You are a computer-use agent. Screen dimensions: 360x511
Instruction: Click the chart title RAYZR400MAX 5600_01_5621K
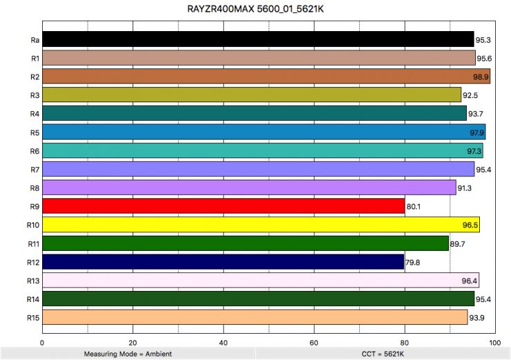(x=255, y=9)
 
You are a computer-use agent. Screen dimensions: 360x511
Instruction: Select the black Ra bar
(x=258, y=39)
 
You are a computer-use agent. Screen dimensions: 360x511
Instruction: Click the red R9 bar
(x=224, y=206)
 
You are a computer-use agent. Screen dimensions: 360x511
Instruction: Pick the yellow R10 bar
(x=261, y=225)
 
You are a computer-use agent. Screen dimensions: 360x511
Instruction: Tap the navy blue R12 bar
(x=223, y=262)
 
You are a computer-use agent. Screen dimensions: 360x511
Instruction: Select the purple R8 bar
(x=249, y=188)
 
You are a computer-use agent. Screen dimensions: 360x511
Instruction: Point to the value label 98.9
(x=481, y=77)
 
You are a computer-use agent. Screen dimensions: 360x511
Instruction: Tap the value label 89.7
(x=459, y=244)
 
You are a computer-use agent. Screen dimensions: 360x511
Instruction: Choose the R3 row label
(x=34, y=95)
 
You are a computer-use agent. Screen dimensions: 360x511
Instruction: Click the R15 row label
(x=32, y=318)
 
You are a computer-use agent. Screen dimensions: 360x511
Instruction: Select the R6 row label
(x=34, y=151)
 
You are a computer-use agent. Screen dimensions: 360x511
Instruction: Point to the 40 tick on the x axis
(x=223, y=341)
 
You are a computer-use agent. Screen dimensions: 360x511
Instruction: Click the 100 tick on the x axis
(x=494, y=341)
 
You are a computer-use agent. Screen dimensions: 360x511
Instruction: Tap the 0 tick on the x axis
(x=43, y=341)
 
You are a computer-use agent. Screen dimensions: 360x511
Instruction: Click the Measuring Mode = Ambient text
(x=128, y=353)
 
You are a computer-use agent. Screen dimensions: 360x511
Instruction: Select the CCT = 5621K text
(x=382, y=353)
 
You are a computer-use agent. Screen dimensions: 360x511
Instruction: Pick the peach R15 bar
(x=255, y=317)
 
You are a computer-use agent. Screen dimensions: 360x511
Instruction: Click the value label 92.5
(x=471, y=95)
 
